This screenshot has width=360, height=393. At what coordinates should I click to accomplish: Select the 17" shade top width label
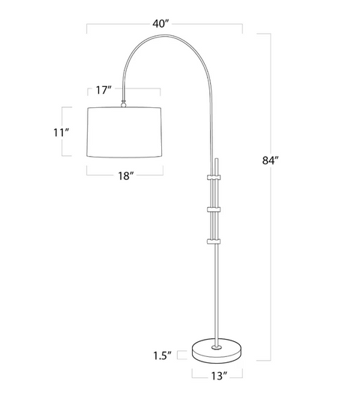coord(103,91)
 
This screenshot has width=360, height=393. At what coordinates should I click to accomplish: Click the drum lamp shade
coord(124,133)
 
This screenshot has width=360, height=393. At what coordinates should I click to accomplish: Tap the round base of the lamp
coord(216,349)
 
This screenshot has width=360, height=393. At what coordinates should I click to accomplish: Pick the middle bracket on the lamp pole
coord(215,209)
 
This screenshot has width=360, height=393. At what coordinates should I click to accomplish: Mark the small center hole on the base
coord(216,346)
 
